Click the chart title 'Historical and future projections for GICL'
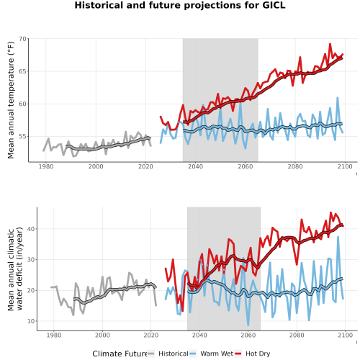(x=180, y=5)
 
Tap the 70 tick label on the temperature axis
(x=22, y=39)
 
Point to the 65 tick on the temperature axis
(x=22, y=71)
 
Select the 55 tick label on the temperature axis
(x=22, y=137)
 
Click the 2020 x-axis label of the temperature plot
(x=145, y=166)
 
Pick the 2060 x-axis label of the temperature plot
(x=246, y=166)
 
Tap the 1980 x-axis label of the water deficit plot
(x=54, y=335)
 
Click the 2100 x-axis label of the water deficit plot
(x=345, y=335)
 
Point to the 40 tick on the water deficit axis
(x=31, y=229)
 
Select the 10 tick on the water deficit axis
(x=31, y=321)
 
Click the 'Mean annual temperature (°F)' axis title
(x=11, y=100)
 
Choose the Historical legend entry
(x=168, y=354)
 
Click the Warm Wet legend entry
(x=211, y=354)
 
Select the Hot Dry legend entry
(x=253, y=354)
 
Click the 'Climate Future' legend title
(x=120, y=354)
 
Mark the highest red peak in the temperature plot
(x=330, y=44)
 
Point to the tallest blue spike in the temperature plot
(x=338, y=98)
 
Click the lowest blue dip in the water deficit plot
(x=248, y=325)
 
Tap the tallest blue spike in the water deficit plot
(x=338, y=237)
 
